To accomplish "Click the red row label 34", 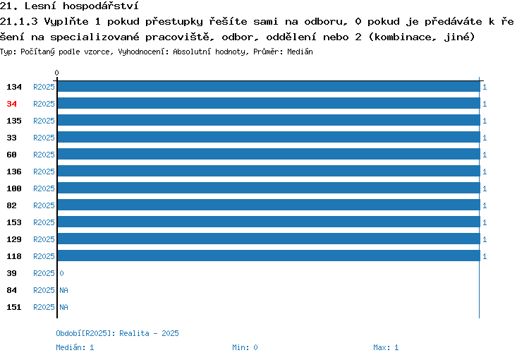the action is coord(11,104).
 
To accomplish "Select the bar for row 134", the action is coord(269,87).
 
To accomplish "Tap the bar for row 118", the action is coord(269,256).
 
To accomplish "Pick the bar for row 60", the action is coord(269,154).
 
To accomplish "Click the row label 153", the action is coord(14,222).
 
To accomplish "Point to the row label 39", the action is coord(11,273).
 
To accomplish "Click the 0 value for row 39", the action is coord(62,273).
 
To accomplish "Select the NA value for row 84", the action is coord(63,290).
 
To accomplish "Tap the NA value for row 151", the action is coord(63,307).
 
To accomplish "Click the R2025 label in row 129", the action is coord(44,239).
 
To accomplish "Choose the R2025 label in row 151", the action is coord(44,307).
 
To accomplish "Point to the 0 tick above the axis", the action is coord(56,73).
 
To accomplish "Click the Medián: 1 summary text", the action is coord(75,347).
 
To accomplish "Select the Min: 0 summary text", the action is coord(245,347).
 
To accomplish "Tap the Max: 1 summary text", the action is coord(386,347).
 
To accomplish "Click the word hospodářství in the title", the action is coord(101,6).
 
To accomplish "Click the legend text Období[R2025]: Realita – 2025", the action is coord(117,333).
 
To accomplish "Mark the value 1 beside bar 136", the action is coord(485,172).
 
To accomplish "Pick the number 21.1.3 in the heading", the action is coord(19,22).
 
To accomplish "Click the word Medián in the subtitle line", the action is coord(300,52).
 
